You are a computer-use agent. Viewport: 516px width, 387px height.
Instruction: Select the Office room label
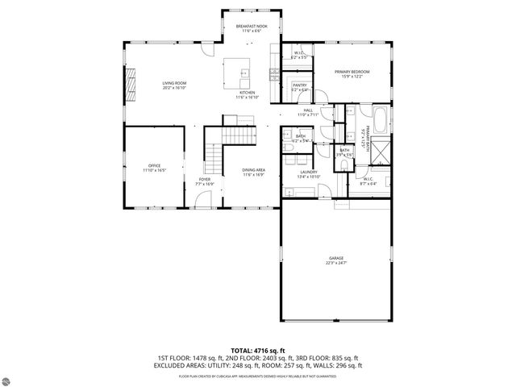pyautogui.click(x=154, y=165)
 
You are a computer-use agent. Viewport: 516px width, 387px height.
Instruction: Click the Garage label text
pyautogui.click(x=335, y=258)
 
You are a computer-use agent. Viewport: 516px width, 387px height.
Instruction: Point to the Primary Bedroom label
pyautogui.click(x=352, y=72)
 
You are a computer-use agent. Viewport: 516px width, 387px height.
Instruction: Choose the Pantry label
pyautogui.click(x=300, y=85)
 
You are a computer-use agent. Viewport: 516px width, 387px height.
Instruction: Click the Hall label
pyautogui.click(x=308, y=110)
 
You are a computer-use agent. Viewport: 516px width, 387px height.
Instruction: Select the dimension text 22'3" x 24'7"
pyautogui.click(x=335, y=263)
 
